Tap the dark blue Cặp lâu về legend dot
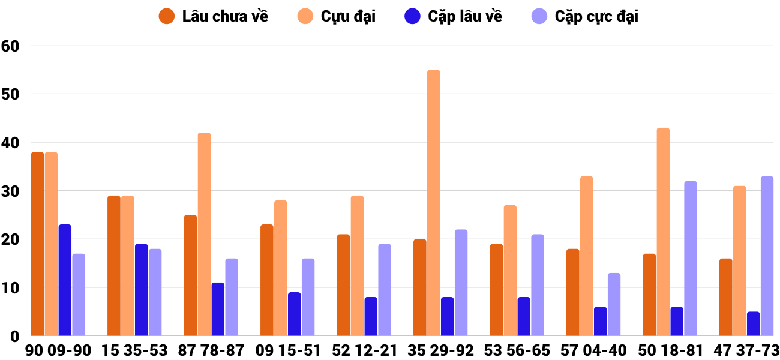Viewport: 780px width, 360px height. (x=413, y=16)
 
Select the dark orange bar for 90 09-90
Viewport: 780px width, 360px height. (x=37, y=244)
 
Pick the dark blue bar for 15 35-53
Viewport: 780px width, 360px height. (x=141, y=290)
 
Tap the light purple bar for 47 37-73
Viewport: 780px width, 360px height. (x=767, y=256)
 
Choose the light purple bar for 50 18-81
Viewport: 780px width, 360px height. (x=691, y=259)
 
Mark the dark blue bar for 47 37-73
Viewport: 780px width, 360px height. (x=753, y=324)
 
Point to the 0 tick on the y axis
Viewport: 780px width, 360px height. (x=16, y=337)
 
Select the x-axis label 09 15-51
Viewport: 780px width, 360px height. (x=287, y=350)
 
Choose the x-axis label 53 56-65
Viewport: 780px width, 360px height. (x=517, y=350)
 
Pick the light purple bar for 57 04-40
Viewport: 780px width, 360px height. (x=614, y=305)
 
